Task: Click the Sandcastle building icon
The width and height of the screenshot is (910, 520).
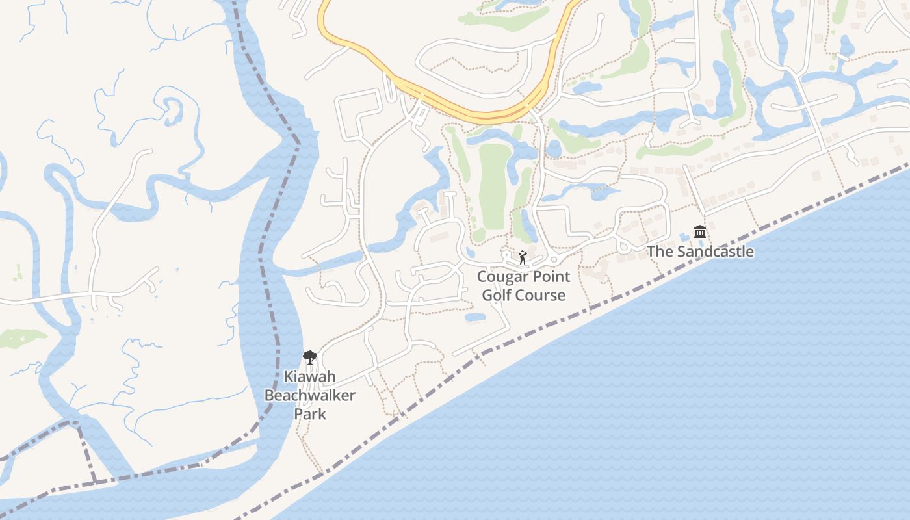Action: pos(700,232)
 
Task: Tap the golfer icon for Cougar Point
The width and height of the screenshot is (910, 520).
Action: pos(523,258)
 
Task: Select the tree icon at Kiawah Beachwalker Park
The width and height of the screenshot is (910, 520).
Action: pos(310,357)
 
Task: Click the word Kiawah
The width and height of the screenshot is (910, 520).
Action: pos(310,377)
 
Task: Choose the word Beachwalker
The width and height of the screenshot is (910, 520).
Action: pos(310,395)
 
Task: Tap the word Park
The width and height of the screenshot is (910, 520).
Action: pos(310,413)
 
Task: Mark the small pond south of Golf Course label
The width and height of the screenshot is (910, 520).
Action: pos(475,318)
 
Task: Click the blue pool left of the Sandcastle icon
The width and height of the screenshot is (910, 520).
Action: pos(684,235)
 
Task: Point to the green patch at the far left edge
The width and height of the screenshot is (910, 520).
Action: pos(19,338)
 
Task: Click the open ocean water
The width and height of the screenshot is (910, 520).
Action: pos(650,403)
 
